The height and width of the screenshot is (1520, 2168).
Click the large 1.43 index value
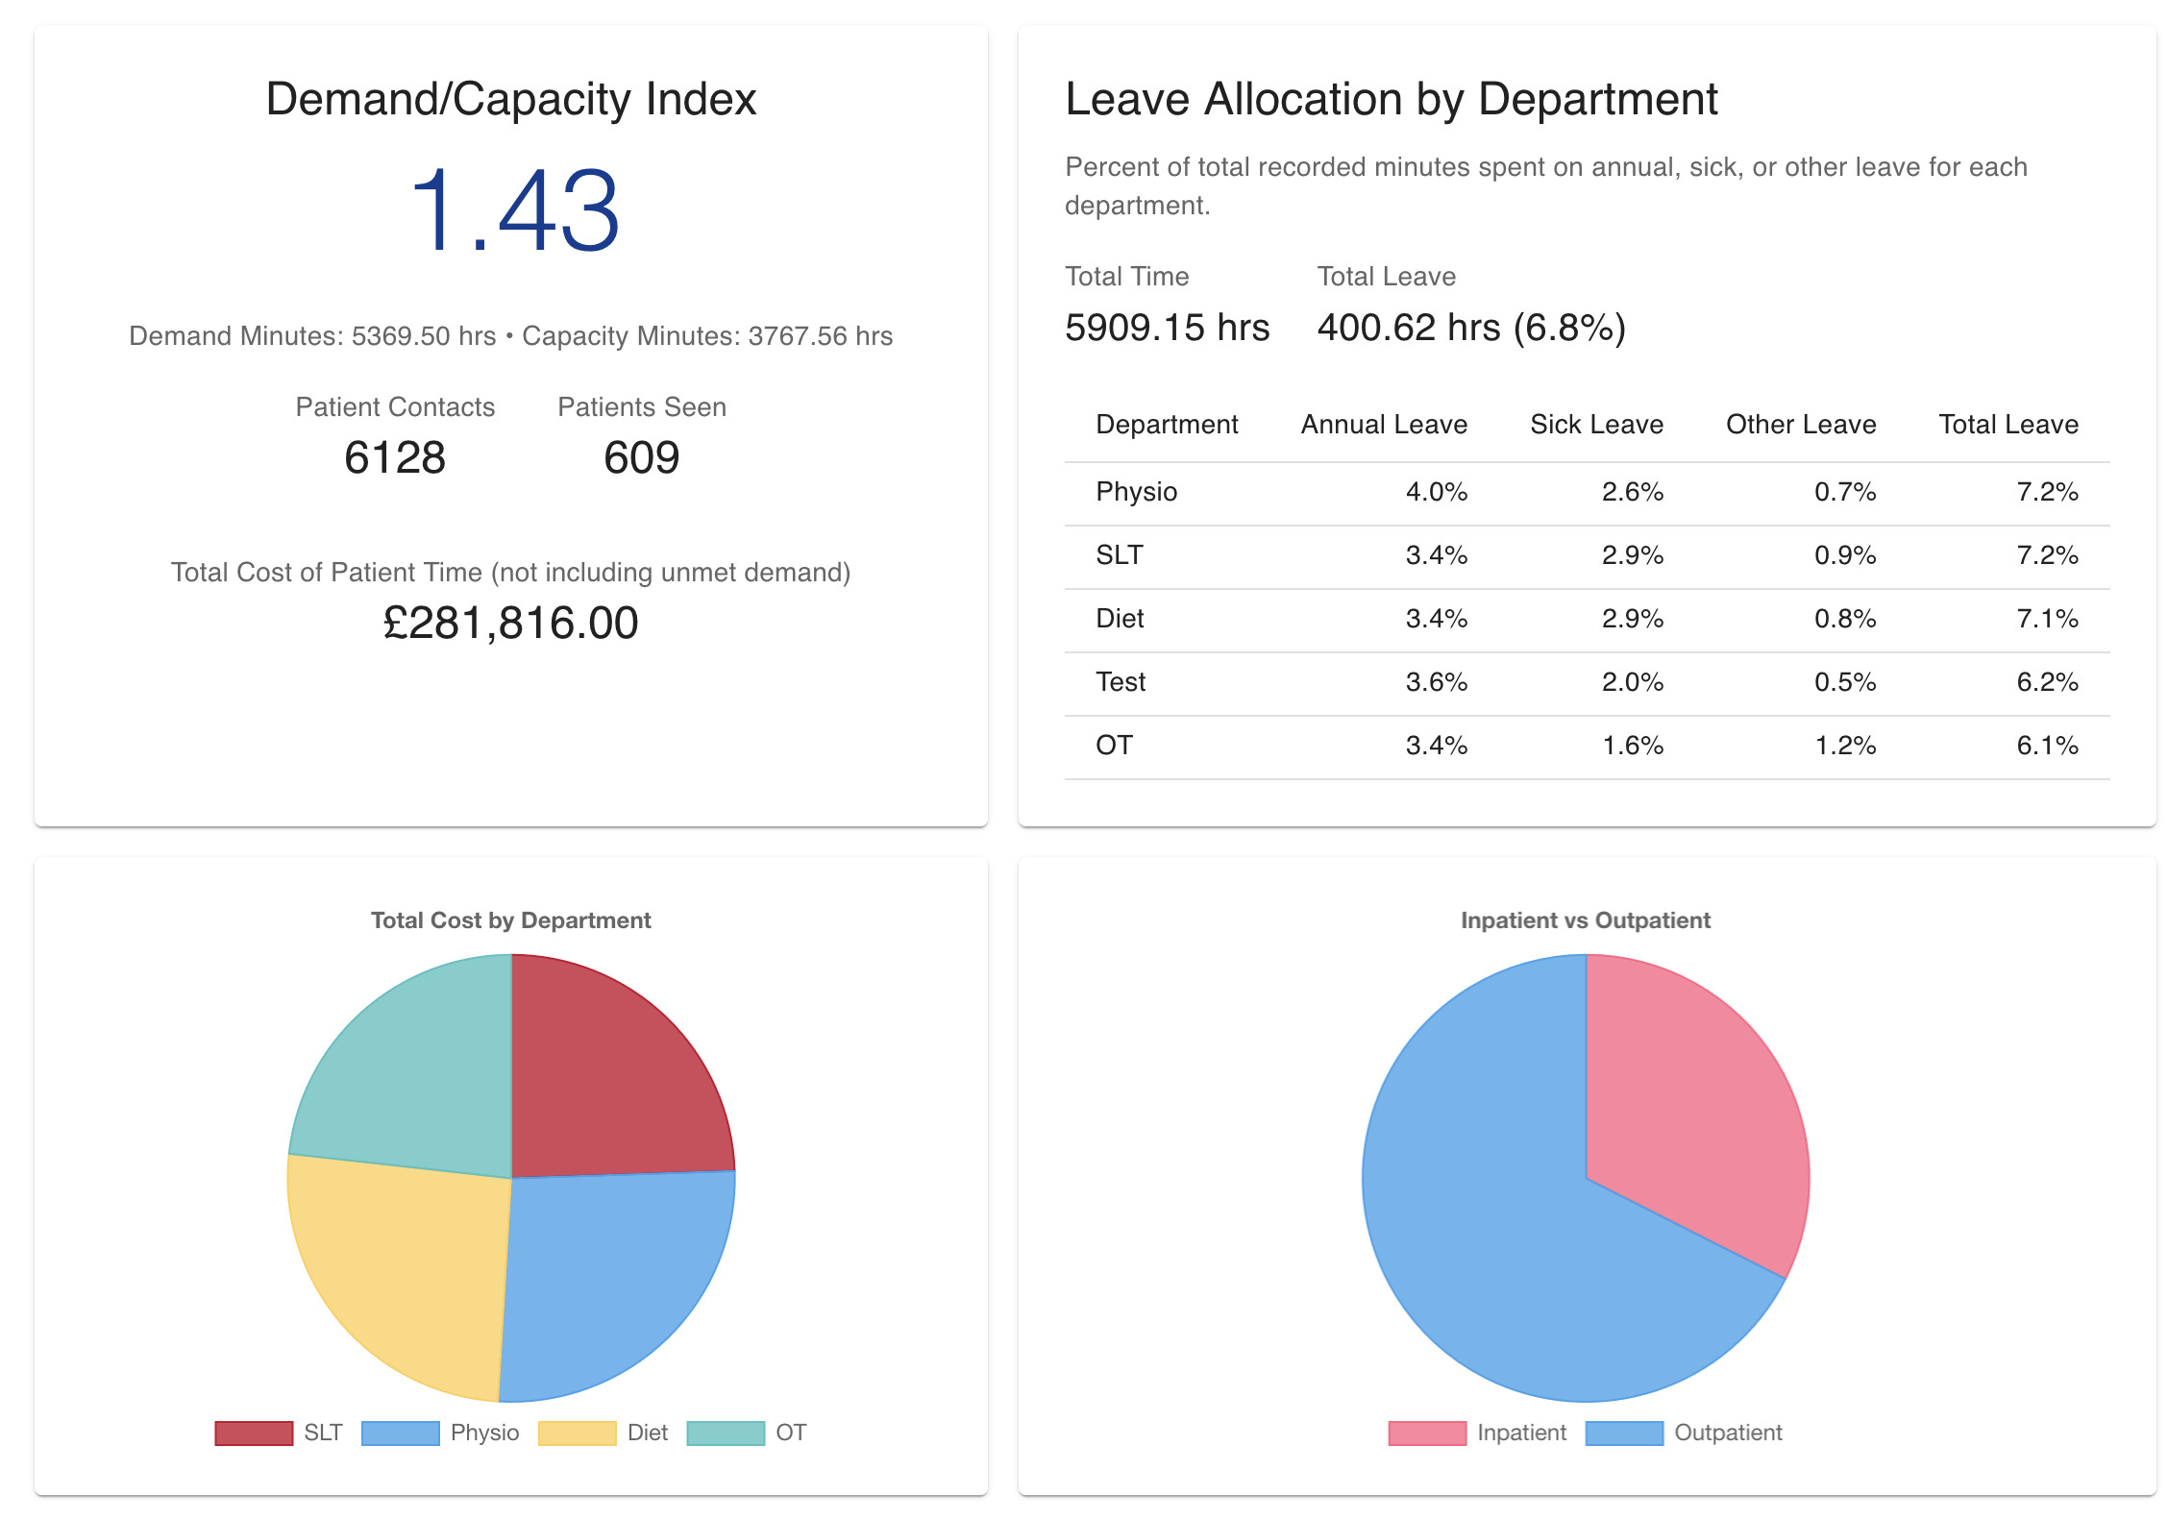pos(514,211)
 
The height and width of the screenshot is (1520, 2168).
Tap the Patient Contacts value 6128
pos(394,457)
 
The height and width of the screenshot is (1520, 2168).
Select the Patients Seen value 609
pos(641,457)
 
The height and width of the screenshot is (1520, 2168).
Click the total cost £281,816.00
pos(510,623)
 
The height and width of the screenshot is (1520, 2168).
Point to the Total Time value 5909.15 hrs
pos(1167,328)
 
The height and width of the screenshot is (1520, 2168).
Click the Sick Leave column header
pos(1595,425)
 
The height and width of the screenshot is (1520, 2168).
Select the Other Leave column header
pos(1800,425)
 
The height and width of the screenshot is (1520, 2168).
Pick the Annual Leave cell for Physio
pos(1436,492)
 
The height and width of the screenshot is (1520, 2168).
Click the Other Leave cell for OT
pos(1844,746)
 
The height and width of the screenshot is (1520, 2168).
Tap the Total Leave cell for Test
pos(2047,682)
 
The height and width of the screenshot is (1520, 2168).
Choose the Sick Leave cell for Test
pos(1632,682)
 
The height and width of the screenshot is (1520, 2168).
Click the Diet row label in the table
pos(1120,619)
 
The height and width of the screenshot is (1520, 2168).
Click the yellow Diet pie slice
pos(404,1268)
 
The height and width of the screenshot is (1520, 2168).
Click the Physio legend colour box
pos(400,1433)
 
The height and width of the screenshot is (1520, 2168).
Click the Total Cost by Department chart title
pos(510,920)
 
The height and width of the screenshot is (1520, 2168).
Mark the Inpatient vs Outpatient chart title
pos(1585,920)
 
